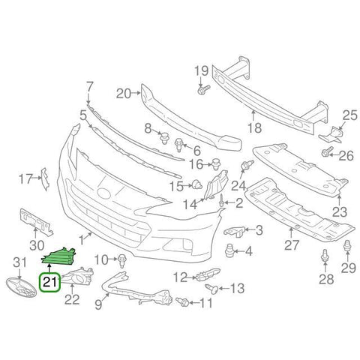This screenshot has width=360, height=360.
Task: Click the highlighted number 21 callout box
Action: pyautogui.click(x=50, y=283)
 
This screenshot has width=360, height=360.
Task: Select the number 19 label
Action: pyautogui.click(x=201, y=72)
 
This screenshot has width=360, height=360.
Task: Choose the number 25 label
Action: pyautogui.click(x=349, y=115)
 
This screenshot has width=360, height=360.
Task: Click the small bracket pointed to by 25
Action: pyautogui.click(x=330, y=133)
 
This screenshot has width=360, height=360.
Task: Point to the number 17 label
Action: pyautogui.click(x=24, y=178)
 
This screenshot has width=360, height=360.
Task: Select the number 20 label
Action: pyautogui.click(x=124, y=94)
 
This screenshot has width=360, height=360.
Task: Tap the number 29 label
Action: pyautogui.click(x=347, y=268)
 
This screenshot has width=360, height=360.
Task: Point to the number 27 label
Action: pyautogui.click(x=292, y=244)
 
